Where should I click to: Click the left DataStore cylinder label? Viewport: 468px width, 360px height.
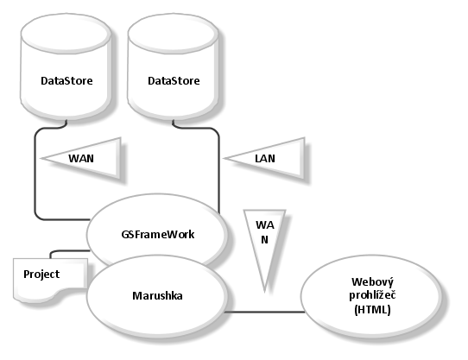point(66,81)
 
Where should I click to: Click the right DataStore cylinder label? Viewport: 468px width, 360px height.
point(174,81)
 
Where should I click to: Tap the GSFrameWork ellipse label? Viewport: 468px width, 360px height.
point(158,234)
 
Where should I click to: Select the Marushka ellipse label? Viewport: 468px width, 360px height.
point(157,295)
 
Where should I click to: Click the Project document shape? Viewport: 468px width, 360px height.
point(50,280)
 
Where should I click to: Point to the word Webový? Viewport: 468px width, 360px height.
point(372,281)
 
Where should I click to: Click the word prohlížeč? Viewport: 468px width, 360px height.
point(372,295)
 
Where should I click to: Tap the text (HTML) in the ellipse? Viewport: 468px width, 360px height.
point(372,310)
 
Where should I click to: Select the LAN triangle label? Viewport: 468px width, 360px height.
point(265,159)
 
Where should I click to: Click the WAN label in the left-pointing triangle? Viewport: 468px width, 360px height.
point(81,158)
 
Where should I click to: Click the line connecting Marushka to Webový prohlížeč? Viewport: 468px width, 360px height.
point(264,312)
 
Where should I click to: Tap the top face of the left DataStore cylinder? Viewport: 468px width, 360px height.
point(66,34)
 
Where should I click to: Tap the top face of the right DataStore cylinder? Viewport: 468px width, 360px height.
point(173,34)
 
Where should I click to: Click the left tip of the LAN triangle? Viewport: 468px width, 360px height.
point(225,158)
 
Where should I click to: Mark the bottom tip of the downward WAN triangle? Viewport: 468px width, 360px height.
point(264,291)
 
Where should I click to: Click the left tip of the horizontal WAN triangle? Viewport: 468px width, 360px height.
point(41,158)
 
